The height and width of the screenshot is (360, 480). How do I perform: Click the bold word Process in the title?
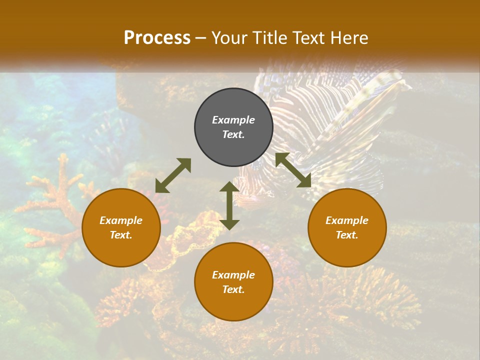(157, 38)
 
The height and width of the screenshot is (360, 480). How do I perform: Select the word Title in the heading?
(268, 38)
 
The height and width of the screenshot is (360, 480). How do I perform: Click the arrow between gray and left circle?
(173, 175)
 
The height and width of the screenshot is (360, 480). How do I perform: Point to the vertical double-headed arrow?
(229, 205)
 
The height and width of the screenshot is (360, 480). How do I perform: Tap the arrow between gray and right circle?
(293, 170)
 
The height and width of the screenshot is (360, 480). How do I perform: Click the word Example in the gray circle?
(233, 120)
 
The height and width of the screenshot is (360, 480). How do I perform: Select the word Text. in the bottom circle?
(233, 289)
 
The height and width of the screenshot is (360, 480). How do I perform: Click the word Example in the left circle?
(121, 220)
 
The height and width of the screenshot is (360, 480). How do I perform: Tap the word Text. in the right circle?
(347, 235)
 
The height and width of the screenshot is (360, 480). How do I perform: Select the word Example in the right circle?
(347, 220)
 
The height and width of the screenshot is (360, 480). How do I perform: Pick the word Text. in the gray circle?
(233, 134)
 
